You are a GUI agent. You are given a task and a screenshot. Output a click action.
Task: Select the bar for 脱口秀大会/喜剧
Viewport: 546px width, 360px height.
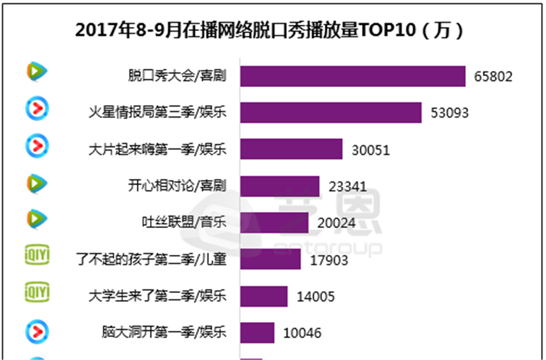click(352, 76)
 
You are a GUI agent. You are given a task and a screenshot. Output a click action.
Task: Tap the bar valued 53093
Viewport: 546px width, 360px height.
click(330, 113)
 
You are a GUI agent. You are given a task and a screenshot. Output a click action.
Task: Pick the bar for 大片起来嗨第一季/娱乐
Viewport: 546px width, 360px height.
click(291, 149)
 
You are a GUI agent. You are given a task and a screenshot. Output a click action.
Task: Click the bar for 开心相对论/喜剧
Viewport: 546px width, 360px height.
click(279, 186)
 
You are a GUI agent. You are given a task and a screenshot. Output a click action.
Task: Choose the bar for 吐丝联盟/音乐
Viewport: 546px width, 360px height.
click(274, 222)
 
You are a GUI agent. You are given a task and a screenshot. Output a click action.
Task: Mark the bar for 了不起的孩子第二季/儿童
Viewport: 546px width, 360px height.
click(270, 260)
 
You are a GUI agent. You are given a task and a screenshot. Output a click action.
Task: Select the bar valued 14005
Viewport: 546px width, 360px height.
click(263, 296)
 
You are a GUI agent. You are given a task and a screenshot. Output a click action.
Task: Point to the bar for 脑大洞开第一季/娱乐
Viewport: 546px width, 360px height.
click(256, 333)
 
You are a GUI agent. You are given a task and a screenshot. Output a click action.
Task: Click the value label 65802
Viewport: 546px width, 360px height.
click(493, 77)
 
